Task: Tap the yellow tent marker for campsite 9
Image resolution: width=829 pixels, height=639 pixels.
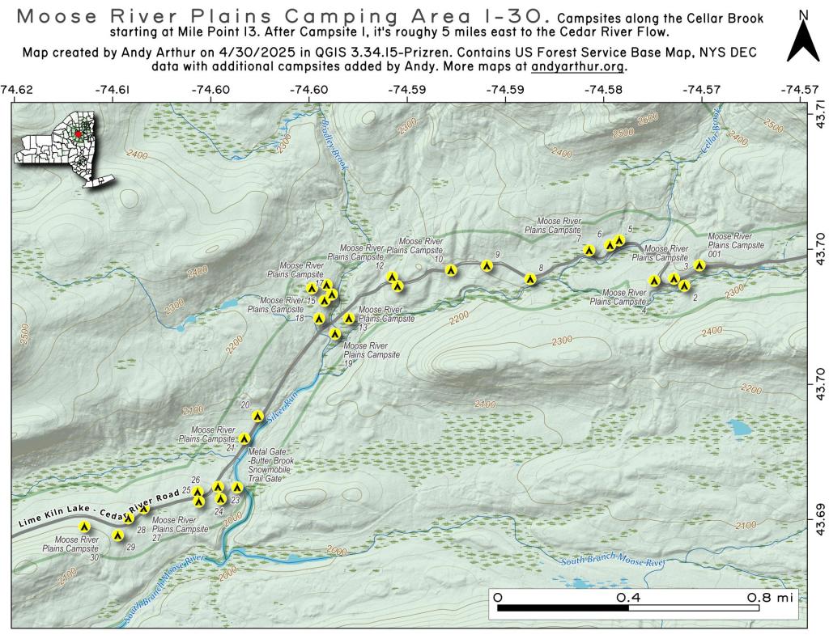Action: click(x=487, y=265)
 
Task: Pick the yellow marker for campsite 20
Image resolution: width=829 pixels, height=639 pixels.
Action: click(x=257, y=417)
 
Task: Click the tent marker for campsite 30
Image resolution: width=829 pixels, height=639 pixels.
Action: click(x=83, y=527)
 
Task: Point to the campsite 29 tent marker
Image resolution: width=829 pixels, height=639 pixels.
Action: click(x=118, y=535)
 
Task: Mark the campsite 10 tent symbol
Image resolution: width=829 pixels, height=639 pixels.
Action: click(x=452, y=270)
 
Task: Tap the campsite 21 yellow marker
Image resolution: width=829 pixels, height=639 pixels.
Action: click(x=244, y=438)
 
